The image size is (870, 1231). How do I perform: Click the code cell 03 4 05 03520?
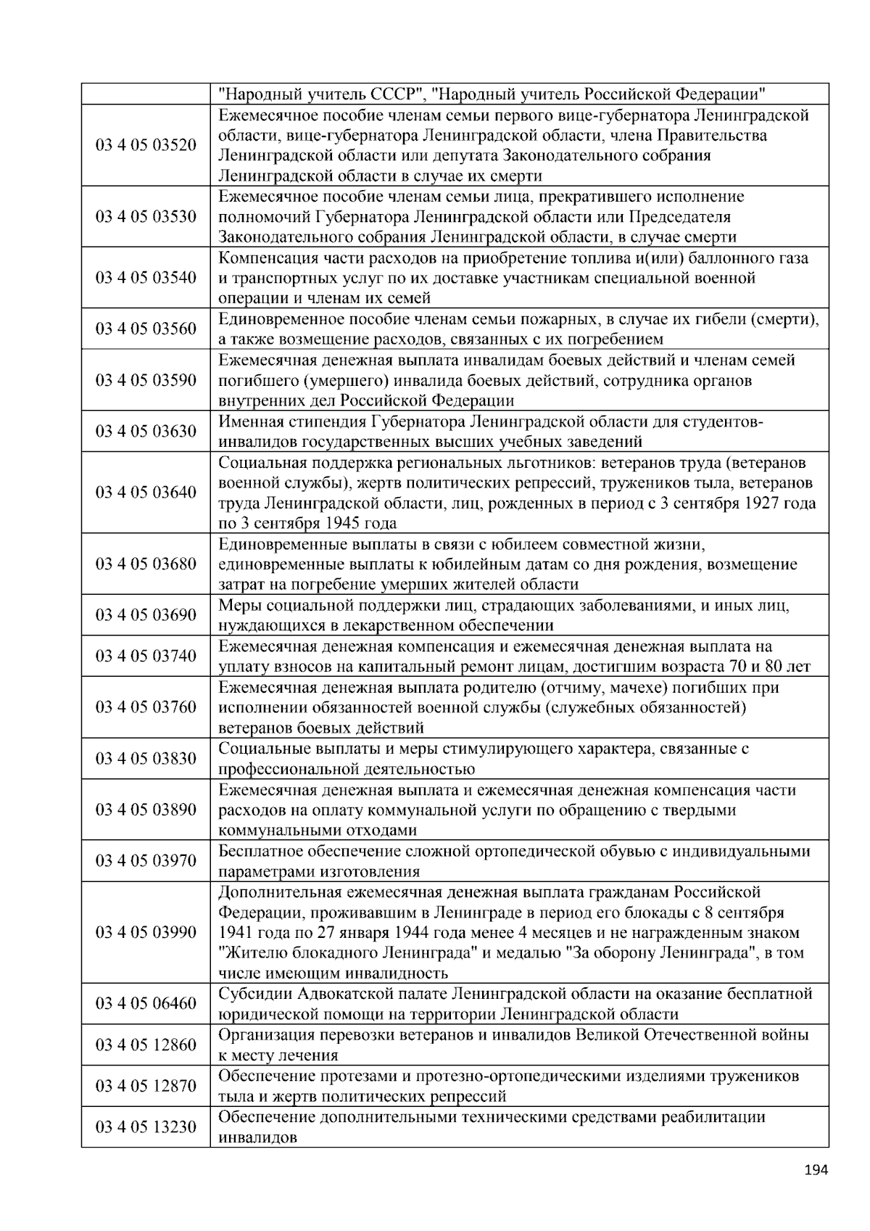click(x=146, y=145)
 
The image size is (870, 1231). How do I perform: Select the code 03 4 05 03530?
click(x=146, y=217)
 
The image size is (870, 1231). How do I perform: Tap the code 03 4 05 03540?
click(x=146, y=278)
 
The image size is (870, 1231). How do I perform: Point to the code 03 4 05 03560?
click(x=146, y=329)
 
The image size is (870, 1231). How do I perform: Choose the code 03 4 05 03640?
click(x=146, y=493)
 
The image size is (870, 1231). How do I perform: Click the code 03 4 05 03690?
click(x=146, y=615)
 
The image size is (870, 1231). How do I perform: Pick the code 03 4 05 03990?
click(x=146, y=932)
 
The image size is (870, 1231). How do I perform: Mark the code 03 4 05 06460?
click(x=146, y=1004)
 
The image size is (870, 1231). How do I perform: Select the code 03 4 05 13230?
click(x=146, y=1127)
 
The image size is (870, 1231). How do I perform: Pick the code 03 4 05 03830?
click(x=146, y=759)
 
